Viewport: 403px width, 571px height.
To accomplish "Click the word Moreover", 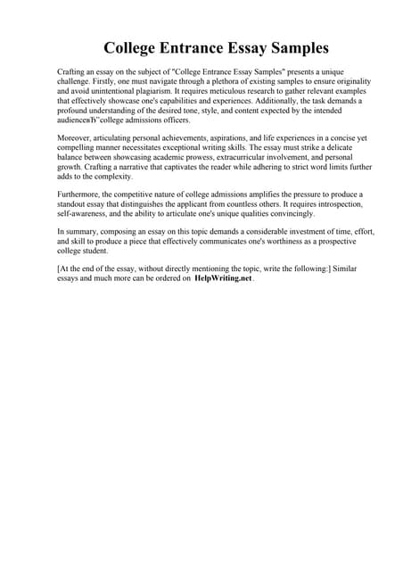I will [x=74, y=139].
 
